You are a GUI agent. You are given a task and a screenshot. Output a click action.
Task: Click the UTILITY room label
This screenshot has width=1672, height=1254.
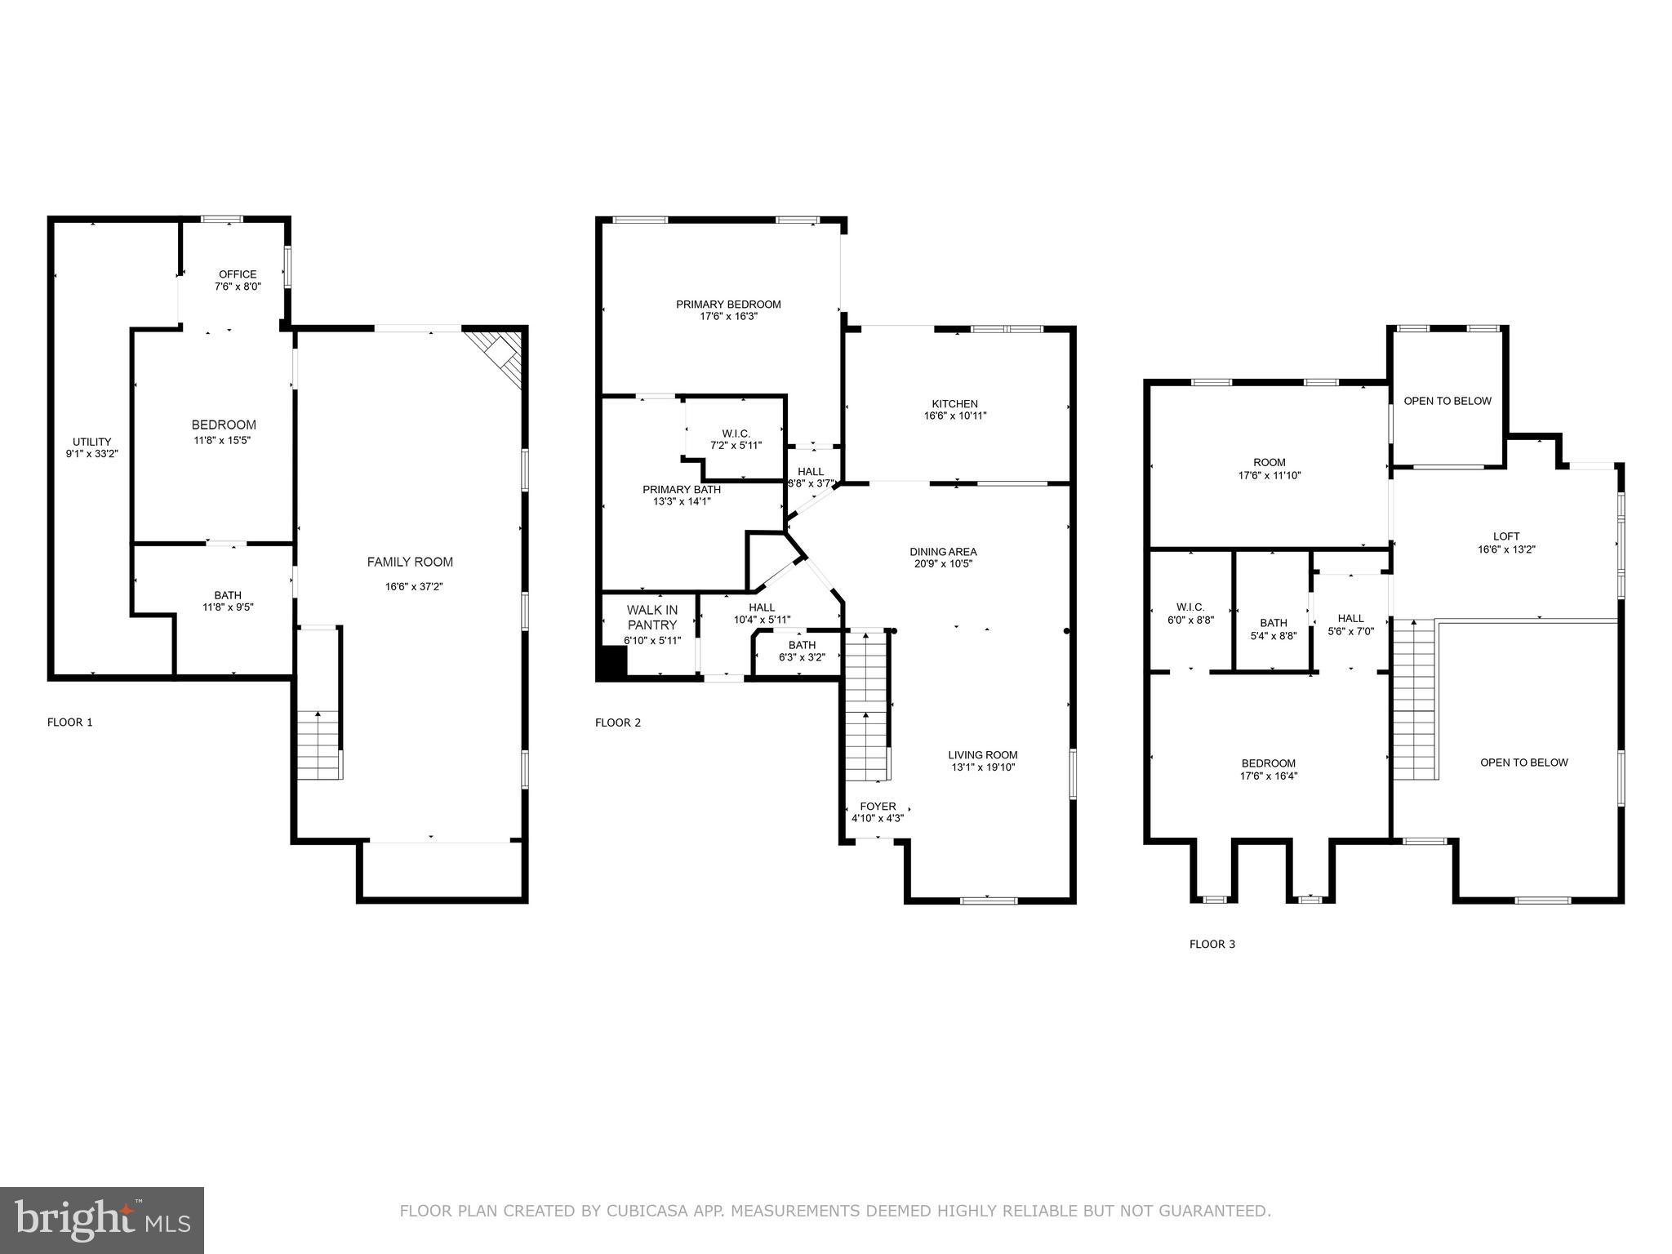click(91, 442)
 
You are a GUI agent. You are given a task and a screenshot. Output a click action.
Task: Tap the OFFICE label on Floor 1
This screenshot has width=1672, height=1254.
click(238, 274)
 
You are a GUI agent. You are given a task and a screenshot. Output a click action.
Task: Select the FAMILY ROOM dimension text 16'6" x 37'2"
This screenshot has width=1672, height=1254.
click(414, 586)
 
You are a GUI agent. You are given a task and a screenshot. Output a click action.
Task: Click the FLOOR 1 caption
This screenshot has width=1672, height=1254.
click(70, 722)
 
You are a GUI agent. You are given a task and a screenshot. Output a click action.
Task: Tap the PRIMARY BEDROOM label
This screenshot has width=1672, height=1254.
click(728, 305)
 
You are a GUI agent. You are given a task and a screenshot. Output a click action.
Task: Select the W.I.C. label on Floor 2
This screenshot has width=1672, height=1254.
click(736, 434)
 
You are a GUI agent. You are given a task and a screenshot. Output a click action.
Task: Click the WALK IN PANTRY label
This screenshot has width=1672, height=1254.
click(652, 617)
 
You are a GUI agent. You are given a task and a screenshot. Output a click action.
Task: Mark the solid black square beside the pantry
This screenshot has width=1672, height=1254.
click(611, 663)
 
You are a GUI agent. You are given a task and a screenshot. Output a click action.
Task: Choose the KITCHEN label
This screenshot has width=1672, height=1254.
click(954, 404)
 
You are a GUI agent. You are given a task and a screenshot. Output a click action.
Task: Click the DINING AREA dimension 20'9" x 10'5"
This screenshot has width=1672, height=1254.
click(943, 564)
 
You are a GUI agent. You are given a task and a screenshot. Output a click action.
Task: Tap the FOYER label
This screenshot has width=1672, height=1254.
click(878, 807)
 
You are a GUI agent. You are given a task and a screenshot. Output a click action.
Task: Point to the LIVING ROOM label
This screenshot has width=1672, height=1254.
click(983, 755)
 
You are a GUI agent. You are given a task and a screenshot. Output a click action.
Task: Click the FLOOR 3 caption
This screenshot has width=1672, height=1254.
click(1212, 944)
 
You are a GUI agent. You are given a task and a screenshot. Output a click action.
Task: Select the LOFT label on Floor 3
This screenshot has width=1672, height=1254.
click(1506, 536)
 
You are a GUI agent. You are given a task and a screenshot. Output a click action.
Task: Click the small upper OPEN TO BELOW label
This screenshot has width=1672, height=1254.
click(1447, 401)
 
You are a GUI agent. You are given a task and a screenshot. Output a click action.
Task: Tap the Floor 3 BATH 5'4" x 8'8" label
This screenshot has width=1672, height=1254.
click(1273, 623)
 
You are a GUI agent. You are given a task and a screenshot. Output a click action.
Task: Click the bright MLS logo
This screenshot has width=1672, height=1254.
click(102, 1220)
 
